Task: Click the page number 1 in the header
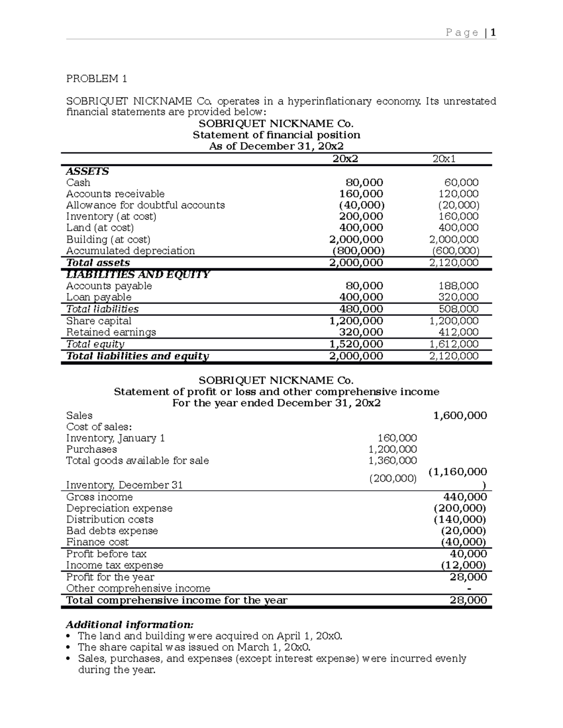493,32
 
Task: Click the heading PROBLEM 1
97,78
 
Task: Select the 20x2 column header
345,159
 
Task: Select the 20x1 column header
444,159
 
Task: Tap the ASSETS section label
87,171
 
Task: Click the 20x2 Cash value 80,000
364,182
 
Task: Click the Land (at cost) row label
100,227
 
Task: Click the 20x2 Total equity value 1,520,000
356,344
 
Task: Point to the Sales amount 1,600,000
460,415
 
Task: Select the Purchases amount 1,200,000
393,449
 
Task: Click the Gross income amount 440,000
465,497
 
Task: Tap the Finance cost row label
97,542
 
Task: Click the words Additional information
129,624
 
